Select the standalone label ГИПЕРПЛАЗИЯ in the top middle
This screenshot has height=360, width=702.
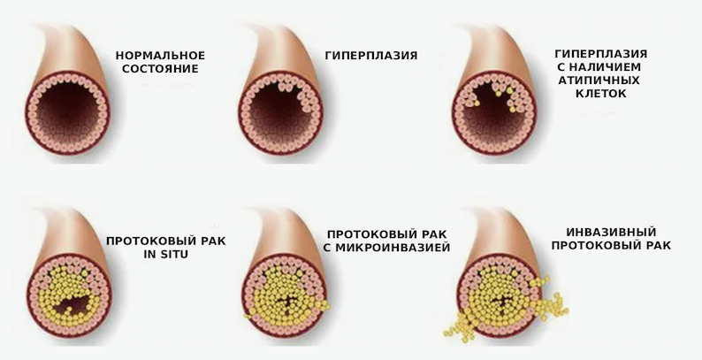pos(371,55)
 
